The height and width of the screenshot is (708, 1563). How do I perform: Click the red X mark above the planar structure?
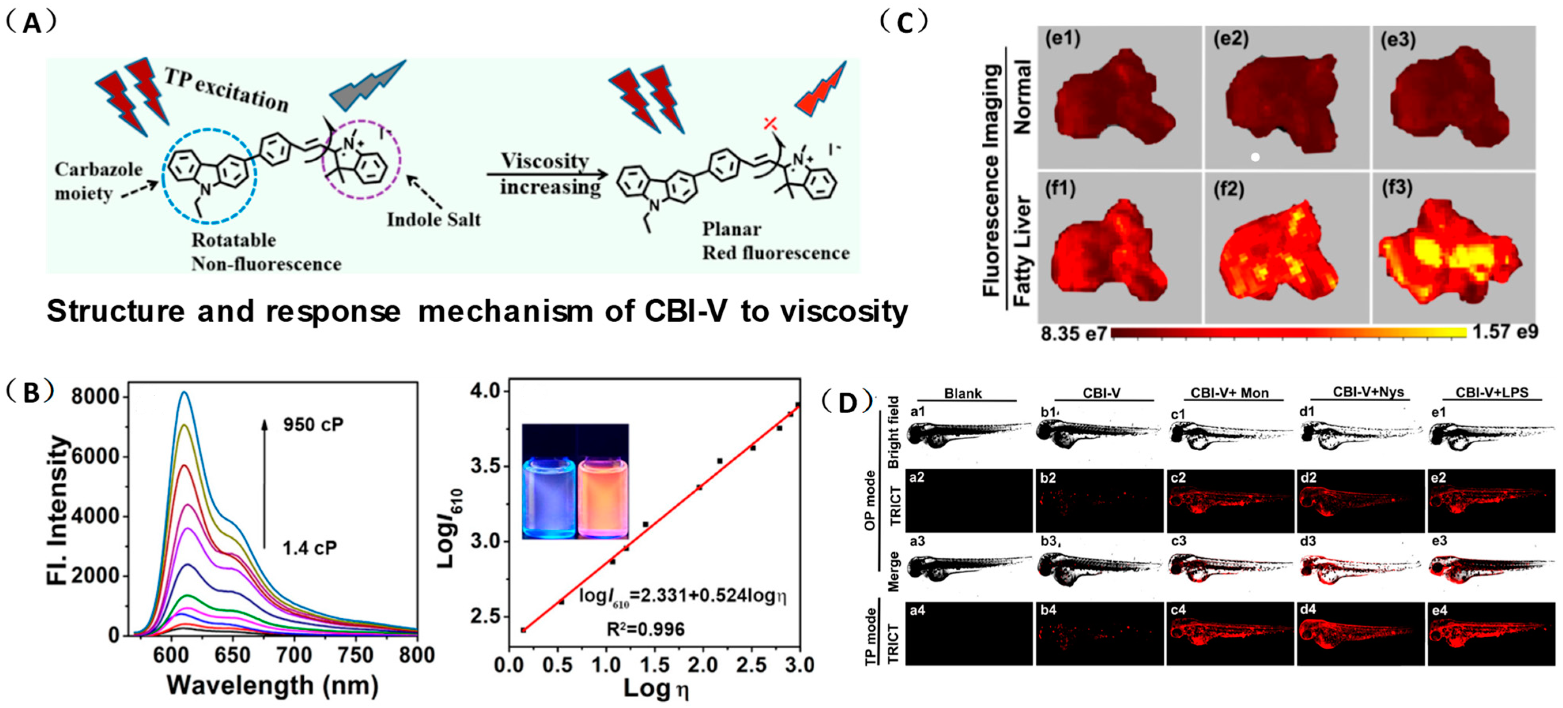click(770, 124)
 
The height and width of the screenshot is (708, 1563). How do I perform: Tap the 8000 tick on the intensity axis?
click(94, 397)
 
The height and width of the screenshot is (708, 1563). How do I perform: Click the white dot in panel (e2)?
click(1255, 157)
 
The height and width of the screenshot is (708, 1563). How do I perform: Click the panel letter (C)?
click(904, 23)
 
